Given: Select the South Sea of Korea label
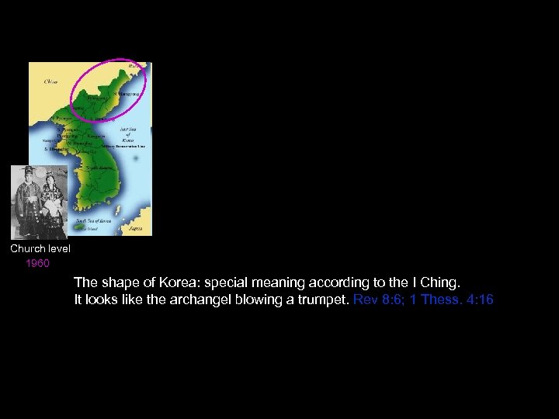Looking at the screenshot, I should click(x=95, y=221).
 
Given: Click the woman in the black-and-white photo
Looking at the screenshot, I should click(x=51, y=203).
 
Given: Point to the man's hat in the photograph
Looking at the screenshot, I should click(x=28, y=171).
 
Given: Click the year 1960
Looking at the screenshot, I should click(x=37, y=263).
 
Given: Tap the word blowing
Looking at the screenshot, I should click(x=266, y=300).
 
